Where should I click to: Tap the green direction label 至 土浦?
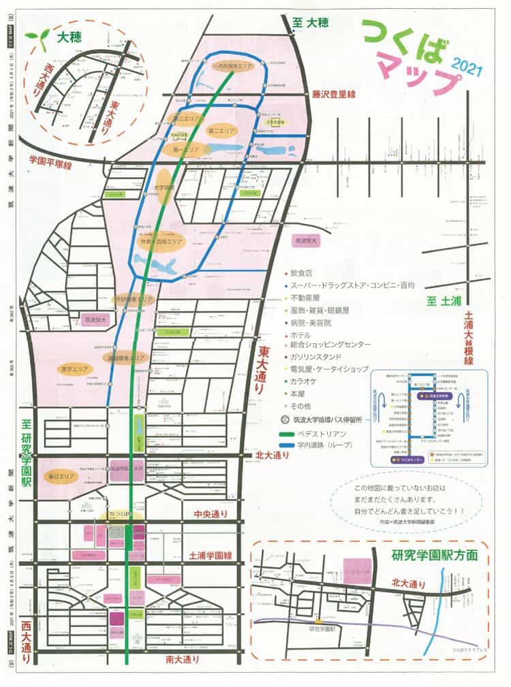pyautogui.click(x=442, y=300)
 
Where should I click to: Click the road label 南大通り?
pyautogui.click(x=183, y=658)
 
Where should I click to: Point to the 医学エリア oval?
pyautogui.click(x=74, y=368)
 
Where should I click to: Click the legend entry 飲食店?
pyautogui.click(x=303, y=273)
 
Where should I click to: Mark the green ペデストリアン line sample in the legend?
pyautogui.click(x=296, y=433)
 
